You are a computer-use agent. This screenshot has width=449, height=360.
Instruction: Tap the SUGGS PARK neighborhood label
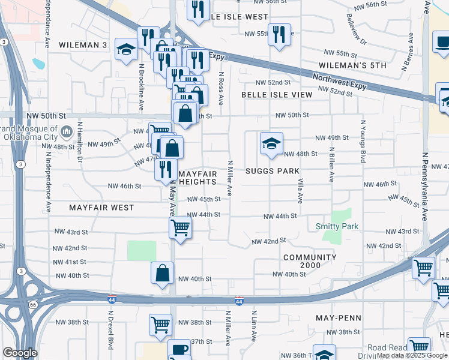[x=273, y=171]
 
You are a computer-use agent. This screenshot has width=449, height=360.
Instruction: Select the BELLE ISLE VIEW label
[x=277, y=95]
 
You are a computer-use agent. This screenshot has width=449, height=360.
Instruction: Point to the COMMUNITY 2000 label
[x=310, y=262]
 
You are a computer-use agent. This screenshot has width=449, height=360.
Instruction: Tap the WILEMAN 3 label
[x=83, y=45]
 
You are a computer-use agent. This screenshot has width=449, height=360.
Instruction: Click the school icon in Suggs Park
[x=271, y=143]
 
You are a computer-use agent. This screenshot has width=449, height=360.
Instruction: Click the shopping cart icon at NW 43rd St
[x=180, y=228]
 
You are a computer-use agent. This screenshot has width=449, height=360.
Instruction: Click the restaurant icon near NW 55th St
[x=279, y=34]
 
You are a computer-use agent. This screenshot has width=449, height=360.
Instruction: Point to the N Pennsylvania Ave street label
[x=424, y=186]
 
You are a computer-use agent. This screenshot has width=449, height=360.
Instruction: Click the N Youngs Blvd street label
[x=363, y=142]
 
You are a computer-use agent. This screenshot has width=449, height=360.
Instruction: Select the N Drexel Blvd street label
[x=110, y=330]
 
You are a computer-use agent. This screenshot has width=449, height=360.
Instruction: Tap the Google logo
[x=20, y=353]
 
